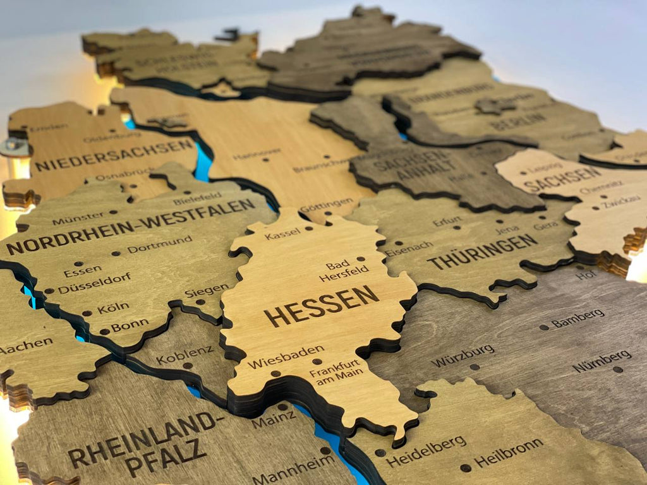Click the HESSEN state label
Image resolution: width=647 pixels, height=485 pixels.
pyautogui.click(x=322, y=306)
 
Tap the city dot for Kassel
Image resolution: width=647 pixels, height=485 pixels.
pyautogui.click(x=309, y=229)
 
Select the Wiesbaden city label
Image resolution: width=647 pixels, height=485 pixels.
pyautogui.click(x=286, y=357)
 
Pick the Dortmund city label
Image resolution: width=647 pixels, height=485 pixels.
pyautogui.click(x=160, y=244)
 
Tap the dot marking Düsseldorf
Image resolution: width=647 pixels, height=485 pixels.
pyautogui.click(x=49, y=291)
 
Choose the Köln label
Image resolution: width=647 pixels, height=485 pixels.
pyautogui.click(x=113, y=308)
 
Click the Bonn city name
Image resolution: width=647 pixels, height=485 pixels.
pyautogui.click(x=130, y=326)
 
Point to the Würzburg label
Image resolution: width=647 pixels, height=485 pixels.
pyautogui.click(x=463, y=356)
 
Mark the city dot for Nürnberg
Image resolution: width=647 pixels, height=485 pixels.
pyautogui.click(x=617, y=369)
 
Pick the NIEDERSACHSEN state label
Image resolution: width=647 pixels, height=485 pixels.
pyautogui.click(x=114, y=155)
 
